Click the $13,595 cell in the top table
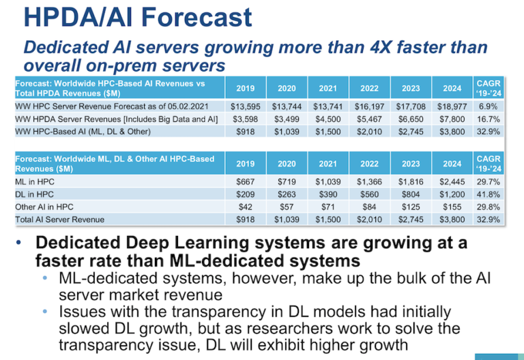246,106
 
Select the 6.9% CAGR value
489,106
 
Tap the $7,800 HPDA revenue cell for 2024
452,119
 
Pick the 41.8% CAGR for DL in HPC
489,194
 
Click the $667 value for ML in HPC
246,181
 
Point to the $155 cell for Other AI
452,207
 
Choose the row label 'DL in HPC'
34,194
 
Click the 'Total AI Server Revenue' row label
60,220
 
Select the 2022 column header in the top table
369,89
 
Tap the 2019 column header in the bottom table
246,164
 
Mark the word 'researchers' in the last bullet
290,328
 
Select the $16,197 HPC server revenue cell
369,106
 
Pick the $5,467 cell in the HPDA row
369,119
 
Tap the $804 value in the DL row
411,194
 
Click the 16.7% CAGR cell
489,119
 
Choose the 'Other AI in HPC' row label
44,207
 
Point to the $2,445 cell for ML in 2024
452,181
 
